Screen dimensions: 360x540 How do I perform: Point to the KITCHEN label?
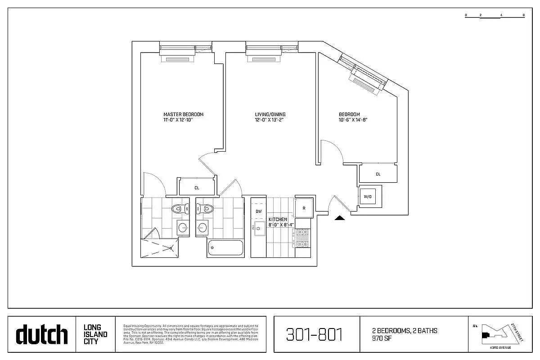pos(278,219)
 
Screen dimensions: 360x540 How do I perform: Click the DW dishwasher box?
pos(259,211)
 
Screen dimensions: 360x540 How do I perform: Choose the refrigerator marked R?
pos(304,208)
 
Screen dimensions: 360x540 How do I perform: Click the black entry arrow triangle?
pos(340,218)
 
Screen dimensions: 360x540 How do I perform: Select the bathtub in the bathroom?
pos(225,248)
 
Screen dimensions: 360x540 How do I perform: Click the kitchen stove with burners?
pos(301,238)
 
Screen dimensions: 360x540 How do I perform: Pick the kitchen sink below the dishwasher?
pos(259,228)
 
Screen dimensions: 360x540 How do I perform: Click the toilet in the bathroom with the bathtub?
pos(205,209)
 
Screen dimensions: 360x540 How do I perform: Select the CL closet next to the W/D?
pos(378,174)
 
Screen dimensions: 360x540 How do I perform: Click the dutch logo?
pos(42,334)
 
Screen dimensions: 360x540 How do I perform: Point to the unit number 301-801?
pos(315,334)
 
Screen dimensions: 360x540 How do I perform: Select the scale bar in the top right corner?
pos(495,16)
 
